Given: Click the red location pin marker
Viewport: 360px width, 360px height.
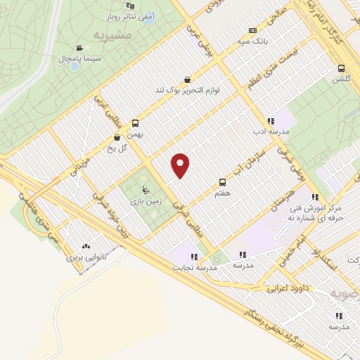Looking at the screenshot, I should (x=181, y=165).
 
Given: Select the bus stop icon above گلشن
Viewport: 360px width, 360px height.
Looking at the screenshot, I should (x=341, y=68).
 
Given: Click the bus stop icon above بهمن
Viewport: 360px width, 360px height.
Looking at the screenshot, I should (x=135, y=122).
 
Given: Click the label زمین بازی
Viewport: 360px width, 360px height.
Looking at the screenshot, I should (x=145, y=201).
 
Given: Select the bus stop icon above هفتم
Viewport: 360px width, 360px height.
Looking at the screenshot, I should (x=223, y=181).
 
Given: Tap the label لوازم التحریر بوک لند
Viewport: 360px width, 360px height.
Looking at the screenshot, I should (x=188, y=91).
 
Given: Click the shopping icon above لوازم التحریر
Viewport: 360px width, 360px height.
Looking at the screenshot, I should (x=187, y=79).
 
